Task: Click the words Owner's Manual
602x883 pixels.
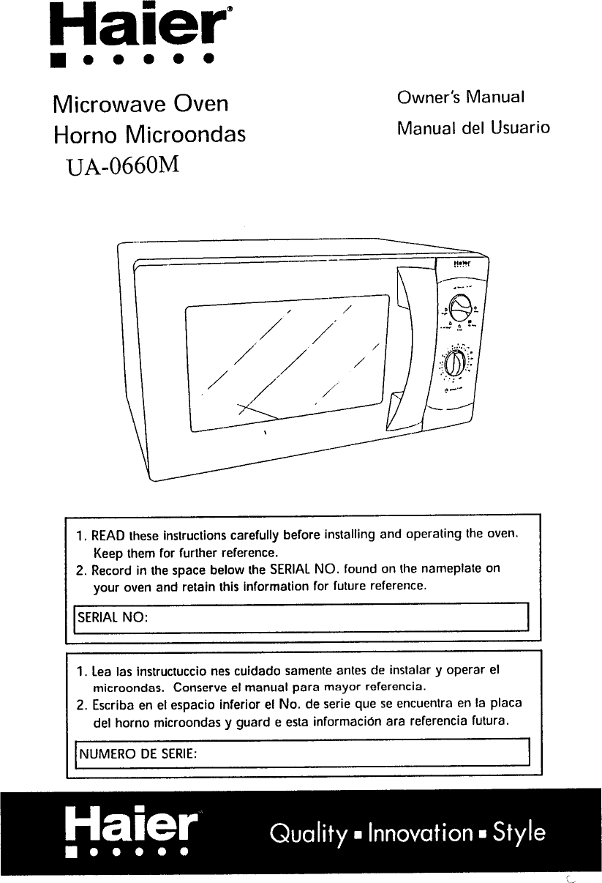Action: (461, 97)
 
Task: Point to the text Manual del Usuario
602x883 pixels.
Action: (473, 128)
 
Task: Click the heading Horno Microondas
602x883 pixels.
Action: (149, 135)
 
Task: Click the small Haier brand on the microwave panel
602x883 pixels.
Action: (460, 262)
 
